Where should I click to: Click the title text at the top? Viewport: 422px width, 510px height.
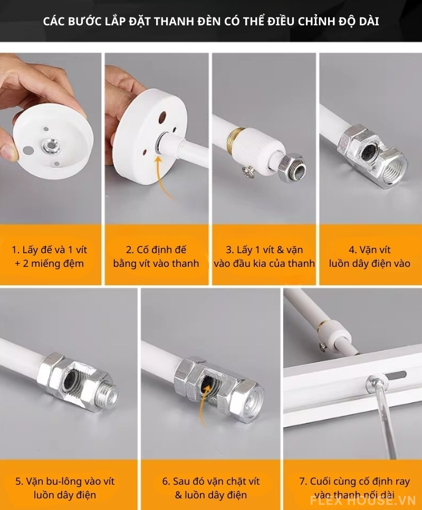[x=211, y=22]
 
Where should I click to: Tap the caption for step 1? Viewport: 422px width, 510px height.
[x=51, y=256]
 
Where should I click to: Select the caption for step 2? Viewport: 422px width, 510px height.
[x=156, y=256]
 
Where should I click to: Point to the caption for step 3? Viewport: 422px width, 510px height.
[x=264, y=256]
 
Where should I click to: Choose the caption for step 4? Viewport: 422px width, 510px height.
[x=369, y=256]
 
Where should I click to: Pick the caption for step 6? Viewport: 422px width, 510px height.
[x=211, y=488]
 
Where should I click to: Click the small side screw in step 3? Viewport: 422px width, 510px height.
[x=246, y=170]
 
